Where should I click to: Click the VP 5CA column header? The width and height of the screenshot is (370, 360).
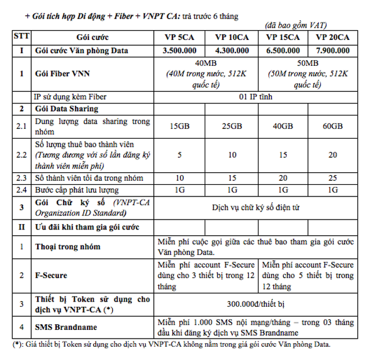click(x=179, y=37)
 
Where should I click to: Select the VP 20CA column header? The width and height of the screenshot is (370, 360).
click(x=333, y=37)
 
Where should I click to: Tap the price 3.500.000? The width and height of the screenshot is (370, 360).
click(x=179, y=50)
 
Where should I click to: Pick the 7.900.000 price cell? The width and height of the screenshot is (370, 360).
click(x=333, y=50)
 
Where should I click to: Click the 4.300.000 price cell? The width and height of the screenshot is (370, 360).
click(x=232, y=50)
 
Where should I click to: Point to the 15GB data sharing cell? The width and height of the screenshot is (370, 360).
click(x=179, y=126)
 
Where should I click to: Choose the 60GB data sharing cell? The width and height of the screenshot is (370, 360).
click(x=333, y=126)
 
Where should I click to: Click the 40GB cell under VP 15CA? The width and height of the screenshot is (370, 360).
click(x=282, y=126)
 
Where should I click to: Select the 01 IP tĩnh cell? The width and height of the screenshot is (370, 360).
click(x=257, y=96)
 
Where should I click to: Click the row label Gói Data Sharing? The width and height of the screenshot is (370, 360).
click(x=66, y=108)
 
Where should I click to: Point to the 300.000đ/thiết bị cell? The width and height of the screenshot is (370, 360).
click(x=257, y=303)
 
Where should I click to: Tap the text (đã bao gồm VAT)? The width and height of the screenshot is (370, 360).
click(x=296, y=25)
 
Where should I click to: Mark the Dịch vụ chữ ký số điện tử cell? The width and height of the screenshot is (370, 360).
click(x=257, y=207)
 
